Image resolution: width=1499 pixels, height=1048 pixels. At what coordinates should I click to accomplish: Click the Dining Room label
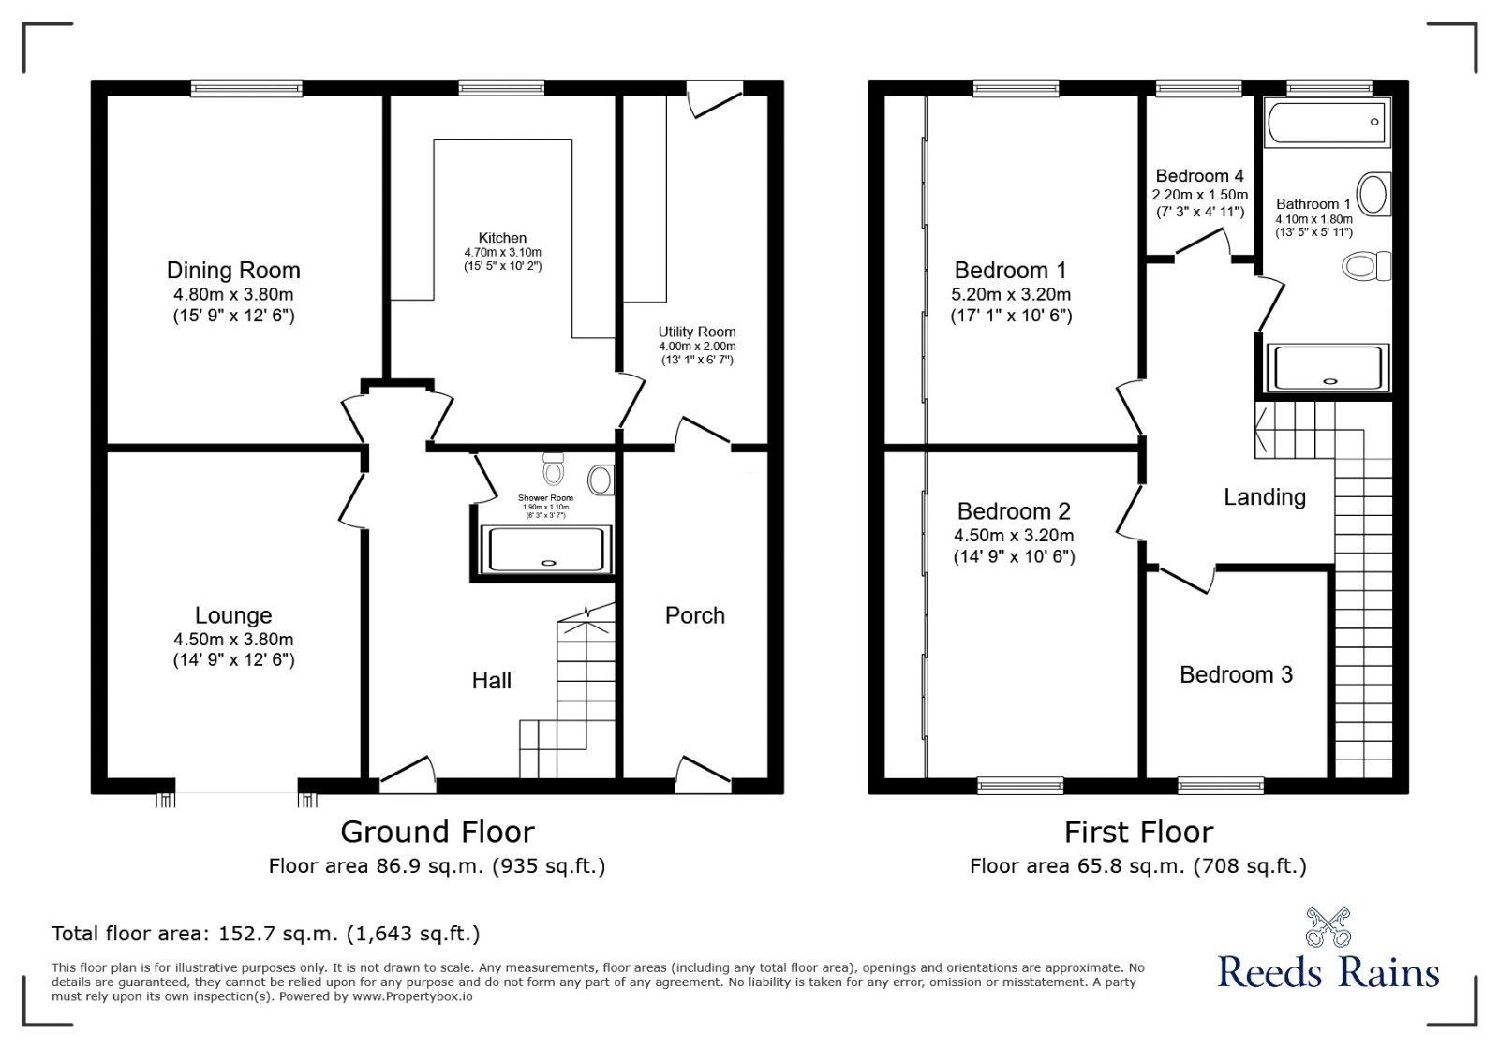233,271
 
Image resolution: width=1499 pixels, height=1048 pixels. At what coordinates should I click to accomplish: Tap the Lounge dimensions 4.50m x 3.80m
233,640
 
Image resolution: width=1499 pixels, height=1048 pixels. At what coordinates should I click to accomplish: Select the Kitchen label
502,238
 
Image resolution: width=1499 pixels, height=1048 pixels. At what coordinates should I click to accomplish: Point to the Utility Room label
696,332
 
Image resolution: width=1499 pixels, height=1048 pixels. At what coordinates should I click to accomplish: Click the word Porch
694,615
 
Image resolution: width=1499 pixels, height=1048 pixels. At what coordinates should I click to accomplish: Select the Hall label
491,681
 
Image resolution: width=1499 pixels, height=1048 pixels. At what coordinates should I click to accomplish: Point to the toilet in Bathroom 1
1366,266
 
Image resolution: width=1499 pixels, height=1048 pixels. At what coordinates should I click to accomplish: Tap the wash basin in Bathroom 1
1373,195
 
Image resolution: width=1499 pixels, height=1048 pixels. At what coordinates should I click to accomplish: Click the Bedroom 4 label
1199,176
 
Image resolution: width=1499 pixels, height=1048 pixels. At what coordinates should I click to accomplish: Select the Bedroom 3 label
1236,674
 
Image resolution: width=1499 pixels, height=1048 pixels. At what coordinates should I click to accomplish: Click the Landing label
1264,497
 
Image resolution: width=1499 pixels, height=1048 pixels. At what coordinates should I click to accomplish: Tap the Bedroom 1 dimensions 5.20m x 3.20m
1011,294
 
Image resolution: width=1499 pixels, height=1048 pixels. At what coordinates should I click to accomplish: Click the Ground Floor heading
437,832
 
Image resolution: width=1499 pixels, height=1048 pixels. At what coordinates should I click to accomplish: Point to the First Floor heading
1138,832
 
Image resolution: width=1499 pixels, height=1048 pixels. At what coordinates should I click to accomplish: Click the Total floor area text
265,934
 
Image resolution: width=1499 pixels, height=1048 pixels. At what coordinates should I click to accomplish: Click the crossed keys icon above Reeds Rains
1328,927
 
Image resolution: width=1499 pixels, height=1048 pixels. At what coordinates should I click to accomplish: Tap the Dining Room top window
246,88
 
